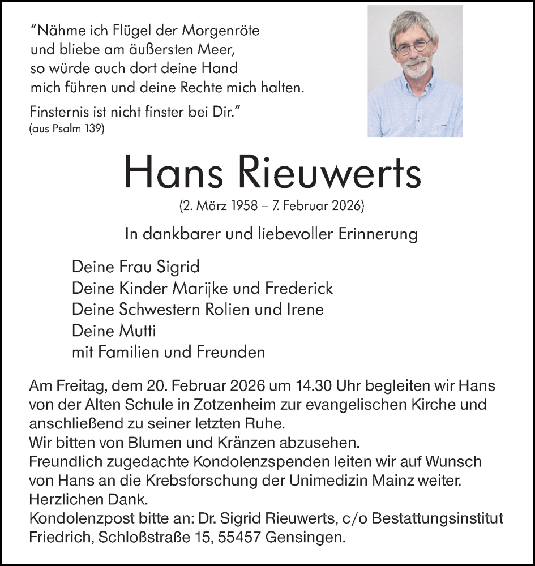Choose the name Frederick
(x=298, y=288)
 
